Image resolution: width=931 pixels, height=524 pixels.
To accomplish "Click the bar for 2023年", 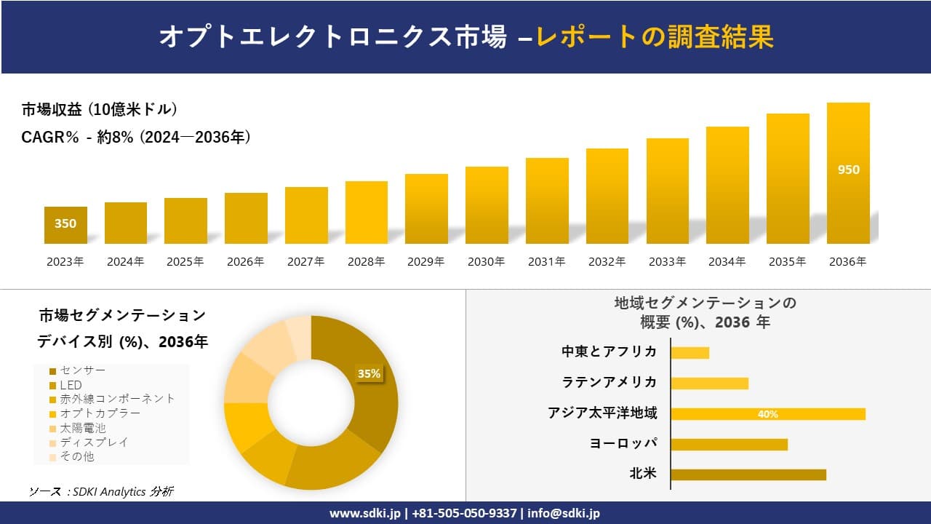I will click(65, 226).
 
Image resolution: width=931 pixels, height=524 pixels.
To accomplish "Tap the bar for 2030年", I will click(487, 205).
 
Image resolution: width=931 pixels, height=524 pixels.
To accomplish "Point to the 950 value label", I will click(849, 170).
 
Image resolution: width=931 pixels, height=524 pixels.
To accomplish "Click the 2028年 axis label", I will click(366, 262).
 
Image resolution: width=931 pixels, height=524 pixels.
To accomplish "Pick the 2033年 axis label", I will click(667, 262).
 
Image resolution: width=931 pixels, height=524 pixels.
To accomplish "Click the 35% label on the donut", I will click(369, 373).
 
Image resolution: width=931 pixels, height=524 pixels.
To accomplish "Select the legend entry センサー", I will click(82, 370).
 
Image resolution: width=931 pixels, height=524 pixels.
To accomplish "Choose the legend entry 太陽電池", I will click(82, 428).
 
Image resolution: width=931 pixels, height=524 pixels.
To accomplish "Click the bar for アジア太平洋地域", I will click(768, 414).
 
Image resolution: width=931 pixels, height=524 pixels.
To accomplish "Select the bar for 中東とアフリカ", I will click(690, 353).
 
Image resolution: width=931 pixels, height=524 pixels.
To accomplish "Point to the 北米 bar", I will click(748, 475).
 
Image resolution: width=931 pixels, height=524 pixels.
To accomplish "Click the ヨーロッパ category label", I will click(623, 443).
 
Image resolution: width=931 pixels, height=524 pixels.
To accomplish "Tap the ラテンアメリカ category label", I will click(610, 382).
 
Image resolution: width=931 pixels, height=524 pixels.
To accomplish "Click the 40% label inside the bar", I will click(768, 414).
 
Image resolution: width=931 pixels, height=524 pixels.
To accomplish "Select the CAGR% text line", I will click(136, 137).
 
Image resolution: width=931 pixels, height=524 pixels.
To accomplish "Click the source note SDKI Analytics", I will click(101, 491).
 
